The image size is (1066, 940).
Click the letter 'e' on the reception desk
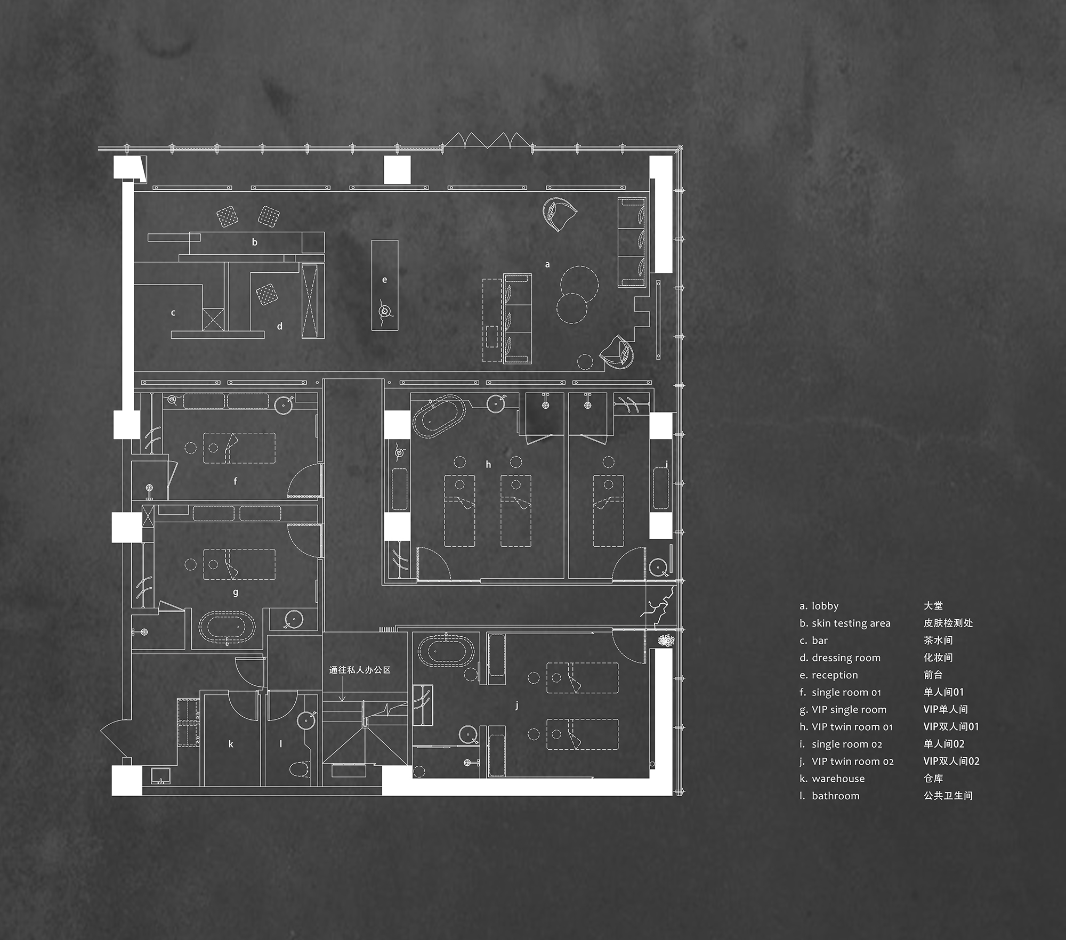(x=384, y=280)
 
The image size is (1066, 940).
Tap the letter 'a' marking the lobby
(x=547, y=264)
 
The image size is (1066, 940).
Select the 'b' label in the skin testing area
(x=255, y=242)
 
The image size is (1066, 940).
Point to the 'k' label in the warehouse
(x=231, y=744)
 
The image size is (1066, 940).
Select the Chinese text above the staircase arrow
(x=360, y=670)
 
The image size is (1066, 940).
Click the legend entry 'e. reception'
(x=829, y=675)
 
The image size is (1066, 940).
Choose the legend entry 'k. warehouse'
(x=832, y=779)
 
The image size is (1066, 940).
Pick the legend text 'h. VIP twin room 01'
(x=846, y=727)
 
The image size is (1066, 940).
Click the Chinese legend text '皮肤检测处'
(x=948, y=623)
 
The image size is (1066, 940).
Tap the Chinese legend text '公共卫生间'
(x=948, y=796)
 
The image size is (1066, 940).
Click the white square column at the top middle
(x=397, y=170)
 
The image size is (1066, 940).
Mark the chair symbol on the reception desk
(x=384, y=311)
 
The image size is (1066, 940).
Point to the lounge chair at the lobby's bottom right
(x=617, y=352)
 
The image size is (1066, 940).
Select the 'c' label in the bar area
(x=173, y=313)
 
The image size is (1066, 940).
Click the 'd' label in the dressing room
(x=280, y=326)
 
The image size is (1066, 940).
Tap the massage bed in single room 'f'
(x=239, y=448)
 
